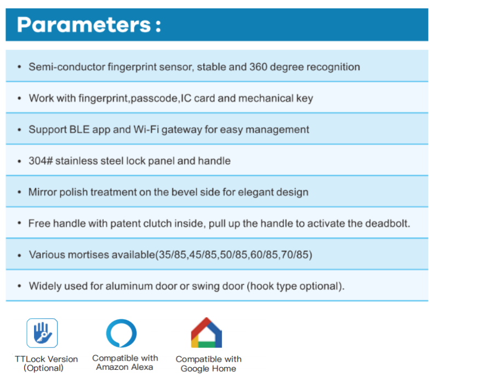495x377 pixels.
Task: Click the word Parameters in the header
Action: (x=84, y=25)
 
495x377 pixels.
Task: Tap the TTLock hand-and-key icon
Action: (x=42, y=333)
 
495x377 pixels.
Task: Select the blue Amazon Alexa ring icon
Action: (x=121, y=334)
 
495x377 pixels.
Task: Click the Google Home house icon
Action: (x=207, y=333)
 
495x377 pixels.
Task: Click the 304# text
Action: (x=41, y=161)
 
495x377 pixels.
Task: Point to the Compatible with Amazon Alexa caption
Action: (x=125, y=363)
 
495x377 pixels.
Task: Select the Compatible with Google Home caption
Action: (x=208, y=364)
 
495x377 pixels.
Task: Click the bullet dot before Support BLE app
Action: (x=20, y=130)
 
